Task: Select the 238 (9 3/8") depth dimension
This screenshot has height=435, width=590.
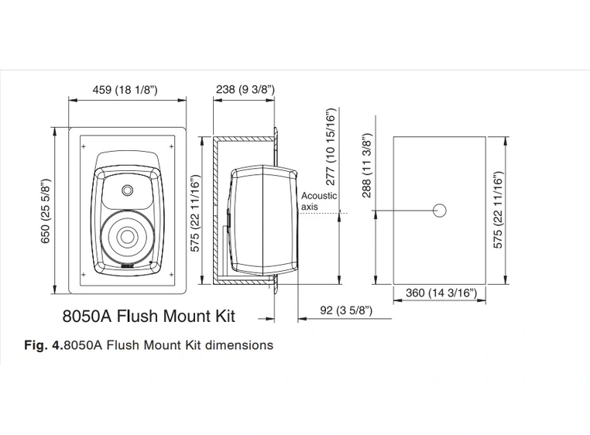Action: point(244,91)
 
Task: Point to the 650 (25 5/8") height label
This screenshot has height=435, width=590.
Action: point(45,211)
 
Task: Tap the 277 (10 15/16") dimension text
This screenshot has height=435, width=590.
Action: point(331,147)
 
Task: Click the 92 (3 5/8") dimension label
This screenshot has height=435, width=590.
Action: point(346,310)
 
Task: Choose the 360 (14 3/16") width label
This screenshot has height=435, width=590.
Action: point(441,294)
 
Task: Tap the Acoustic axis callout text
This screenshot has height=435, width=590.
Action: point(318,201)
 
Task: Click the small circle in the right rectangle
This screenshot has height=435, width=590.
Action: point(440,210)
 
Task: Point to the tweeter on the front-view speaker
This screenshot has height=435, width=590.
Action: point(126,190)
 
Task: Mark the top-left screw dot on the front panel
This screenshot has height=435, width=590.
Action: point(81,144)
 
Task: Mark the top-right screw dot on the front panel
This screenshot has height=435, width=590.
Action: point(172,144)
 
